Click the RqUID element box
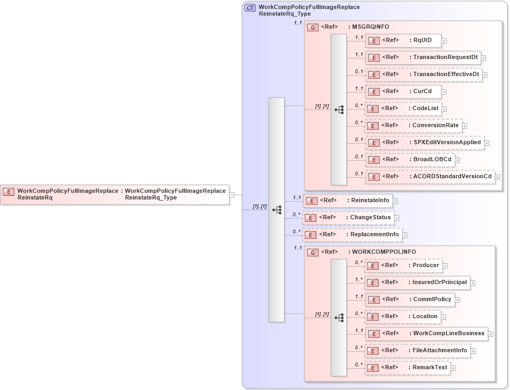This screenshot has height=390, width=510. coord(403,40)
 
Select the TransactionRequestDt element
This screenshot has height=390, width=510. coord(423,57)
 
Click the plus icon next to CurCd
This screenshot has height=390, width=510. coord(444,92)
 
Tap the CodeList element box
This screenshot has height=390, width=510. coord(403,109)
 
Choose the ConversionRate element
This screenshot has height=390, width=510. coord(413,126)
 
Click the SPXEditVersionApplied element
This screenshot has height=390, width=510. coord(424,143)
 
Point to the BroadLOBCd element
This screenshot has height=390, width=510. coord(409,159)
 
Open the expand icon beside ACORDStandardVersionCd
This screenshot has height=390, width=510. coord(498,177)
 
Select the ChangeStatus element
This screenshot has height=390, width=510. coord(348,218)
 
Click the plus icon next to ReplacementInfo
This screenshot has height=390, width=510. coord(405,235)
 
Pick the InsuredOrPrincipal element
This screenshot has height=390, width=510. coord(417,283)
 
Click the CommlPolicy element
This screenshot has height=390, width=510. coord(409,300)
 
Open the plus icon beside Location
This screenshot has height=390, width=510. coord(444,317)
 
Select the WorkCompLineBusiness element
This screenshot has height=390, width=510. coord(426,334)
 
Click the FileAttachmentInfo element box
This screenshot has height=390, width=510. coord(417,351)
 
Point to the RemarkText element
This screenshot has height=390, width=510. coord(407,368)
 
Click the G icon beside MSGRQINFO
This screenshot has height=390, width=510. coord(313,27)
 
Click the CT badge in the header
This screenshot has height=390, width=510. coord(249,8)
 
